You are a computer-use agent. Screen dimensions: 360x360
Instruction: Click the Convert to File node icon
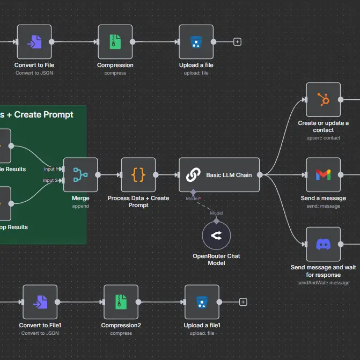(x=34, y=42)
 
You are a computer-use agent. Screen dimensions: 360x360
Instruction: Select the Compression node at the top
(x=115, y=42)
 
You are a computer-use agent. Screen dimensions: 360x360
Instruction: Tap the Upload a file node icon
(x=196, y=42)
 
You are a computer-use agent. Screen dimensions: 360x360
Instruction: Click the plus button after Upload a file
(x=238, y=42)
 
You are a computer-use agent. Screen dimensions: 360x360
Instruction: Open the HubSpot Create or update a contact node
(x=323, y=99)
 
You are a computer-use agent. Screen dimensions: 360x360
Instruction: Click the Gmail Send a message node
(x=323, y=174)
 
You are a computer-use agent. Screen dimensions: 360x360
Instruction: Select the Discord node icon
(x=323, y=244)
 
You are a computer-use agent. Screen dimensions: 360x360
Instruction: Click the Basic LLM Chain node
(x=219, y=175)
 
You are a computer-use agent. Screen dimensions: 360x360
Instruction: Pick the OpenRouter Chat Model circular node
(x=216, y=235)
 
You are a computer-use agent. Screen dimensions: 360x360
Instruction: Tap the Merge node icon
(x=80, y=174)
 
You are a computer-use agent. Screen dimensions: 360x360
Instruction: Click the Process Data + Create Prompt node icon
(x=138, y=174)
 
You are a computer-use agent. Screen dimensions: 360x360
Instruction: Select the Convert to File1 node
(x=40, y=302)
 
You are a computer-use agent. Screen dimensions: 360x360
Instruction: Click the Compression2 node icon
(x=121, y=302)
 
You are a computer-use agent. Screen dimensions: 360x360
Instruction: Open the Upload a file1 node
(x=202, y=302)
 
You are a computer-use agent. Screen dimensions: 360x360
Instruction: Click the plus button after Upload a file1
(x=243, y=302)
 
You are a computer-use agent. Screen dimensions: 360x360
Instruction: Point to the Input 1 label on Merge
(x=50, y=169)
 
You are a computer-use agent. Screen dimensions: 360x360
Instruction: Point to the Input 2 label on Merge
(x=50, y=180)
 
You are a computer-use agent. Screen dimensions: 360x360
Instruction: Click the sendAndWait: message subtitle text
(x=323, y=283)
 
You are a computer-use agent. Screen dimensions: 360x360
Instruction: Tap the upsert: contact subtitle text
(x=323, y=138)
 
